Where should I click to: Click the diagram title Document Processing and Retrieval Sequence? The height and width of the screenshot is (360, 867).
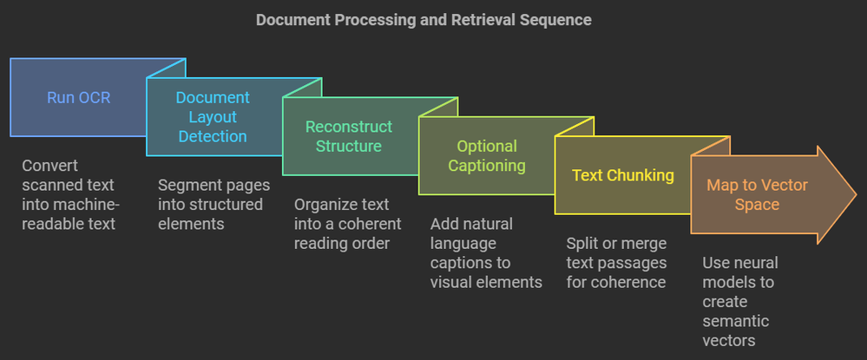click(424, 19)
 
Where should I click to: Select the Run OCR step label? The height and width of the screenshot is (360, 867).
click(78, 97)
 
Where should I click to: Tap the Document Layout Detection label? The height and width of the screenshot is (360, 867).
click(213, 117)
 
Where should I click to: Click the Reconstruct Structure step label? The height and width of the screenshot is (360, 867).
click(348, 136)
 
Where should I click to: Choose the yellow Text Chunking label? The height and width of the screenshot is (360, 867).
click(623, 175)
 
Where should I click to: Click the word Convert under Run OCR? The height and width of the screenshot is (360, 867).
click(49, 166)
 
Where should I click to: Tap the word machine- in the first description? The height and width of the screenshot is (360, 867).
click(89, 204)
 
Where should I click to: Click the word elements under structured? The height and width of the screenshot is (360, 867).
click(188, 224)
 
